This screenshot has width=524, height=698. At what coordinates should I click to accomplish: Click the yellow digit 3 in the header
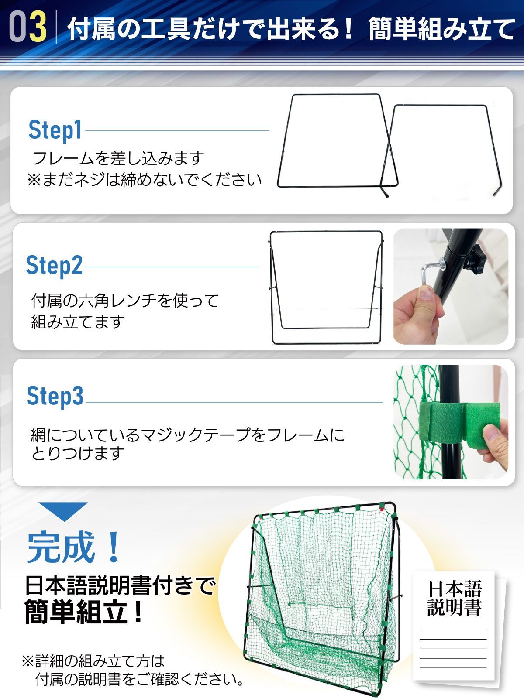[38, 27]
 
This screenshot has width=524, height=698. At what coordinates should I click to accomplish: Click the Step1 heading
[55, 130]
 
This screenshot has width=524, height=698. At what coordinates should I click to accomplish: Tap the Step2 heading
[54, 265]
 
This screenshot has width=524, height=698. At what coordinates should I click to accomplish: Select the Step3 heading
[55, 396]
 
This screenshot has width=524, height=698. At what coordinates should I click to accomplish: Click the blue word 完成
[61, 547]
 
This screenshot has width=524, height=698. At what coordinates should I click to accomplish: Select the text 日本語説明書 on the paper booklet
[454, 598]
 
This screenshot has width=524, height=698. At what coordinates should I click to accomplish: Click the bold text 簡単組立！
[83, 612]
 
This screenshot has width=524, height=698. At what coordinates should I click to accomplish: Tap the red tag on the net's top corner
[381, 507]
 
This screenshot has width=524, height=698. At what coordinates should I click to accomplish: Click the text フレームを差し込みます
[118, 158]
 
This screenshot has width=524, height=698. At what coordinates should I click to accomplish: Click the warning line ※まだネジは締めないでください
[144, 179]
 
